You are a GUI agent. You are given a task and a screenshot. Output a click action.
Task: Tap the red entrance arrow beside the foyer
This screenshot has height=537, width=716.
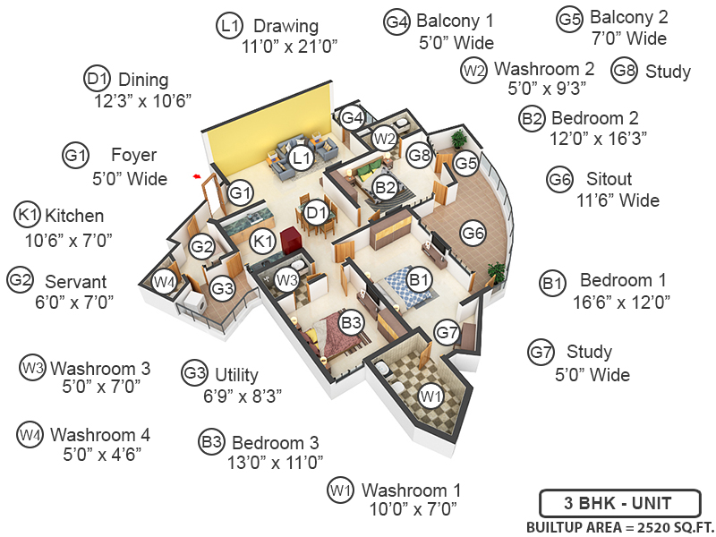click(x=195, y=177)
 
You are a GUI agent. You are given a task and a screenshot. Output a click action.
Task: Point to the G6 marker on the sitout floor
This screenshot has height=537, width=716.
click(x=473, y=234)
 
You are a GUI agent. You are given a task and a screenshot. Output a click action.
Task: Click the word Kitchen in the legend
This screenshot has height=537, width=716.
click(x=74, y=216)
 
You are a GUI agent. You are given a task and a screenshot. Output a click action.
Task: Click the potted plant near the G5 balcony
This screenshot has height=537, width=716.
click(x=459, y=139)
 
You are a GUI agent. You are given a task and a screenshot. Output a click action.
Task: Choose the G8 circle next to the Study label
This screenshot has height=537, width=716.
click(x=624, y=72)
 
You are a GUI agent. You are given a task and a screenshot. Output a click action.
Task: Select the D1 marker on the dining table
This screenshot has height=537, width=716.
click(x=314, y=213)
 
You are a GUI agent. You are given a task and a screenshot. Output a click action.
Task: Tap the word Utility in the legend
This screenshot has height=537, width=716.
click(x=236, y=374)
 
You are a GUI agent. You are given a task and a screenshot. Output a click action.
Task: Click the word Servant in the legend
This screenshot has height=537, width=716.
click(x=75, y=281)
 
